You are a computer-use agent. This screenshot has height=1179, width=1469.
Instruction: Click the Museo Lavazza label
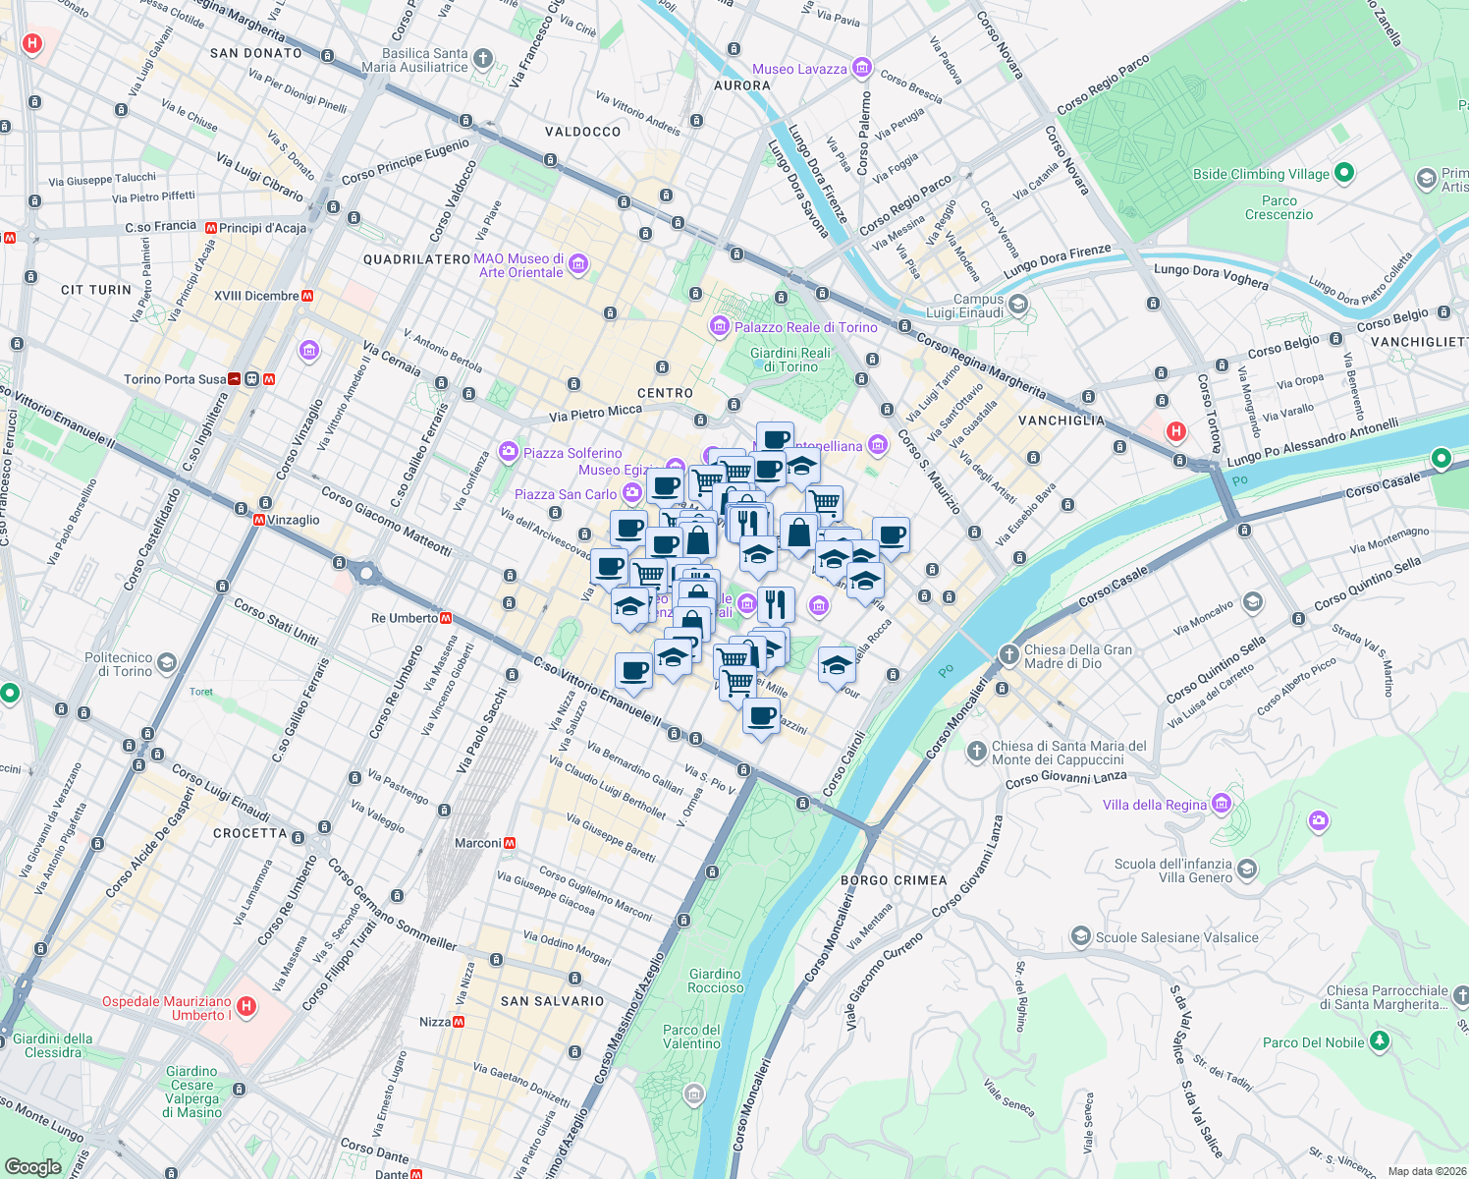(x=798, y=69)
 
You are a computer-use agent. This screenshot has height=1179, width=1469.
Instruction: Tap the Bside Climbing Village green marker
(x=1344, y=173)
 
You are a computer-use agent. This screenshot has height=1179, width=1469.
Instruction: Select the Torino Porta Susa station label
(x=174, y=379)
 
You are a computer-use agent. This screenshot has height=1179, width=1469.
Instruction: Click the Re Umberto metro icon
(x=446, y=618)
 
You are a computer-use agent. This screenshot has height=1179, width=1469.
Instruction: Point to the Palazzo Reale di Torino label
(x=805, y=327)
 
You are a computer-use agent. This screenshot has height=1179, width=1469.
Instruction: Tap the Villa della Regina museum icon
(x=1221, y=804)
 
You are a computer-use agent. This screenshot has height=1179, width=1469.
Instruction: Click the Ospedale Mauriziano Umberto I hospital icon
(x=246, y=1006)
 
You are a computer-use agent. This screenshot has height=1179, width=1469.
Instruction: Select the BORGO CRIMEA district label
(x=894, y=880)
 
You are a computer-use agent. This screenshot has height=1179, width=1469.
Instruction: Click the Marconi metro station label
(x=477, y=843)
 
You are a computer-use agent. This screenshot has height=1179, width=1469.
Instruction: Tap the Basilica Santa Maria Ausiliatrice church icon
(x=482, y=59)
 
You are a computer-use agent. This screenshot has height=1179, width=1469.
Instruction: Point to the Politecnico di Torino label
(x=118, y=664)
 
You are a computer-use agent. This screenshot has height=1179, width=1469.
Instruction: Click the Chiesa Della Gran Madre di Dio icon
(x=1009, y=655)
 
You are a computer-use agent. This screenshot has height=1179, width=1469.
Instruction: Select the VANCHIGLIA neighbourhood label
(x=1061, y=421)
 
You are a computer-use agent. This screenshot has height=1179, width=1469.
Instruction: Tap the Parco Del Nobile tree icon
(x=1380, y=1040)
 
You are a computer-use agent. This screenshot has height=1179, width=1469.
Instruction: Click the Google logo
(x=32, y=1166)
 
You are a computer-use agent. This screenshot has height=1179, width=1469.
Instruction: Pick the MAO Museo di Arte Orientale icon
(x=578, y=264)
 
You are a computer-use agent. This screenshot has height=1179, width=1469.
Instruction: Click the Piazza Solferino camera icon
(x=508, y=452)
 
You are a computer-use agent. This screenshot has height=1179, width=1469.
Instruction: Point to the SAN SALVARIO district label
(x=552, y=1001)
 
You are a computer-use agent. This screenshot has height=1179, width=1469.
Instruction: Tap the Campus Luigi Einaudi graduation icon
(x=1018, y=305)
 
